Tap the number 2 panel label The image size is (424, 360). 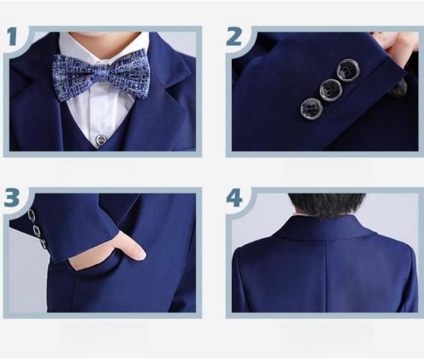point(233,36)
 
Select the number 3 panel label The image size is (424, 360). point(12,197)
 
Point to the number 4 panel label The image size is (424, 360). point(234,198)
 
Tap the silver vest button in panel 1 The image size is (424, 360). point(101,140)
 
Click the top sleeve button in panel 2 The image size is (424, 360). point(348,70)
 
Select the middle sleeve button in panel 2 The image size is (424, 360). point(331,90)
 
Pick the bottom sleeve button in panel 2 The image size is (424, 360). point(312,109)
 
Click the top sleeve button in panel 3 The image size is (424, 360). point(31,216)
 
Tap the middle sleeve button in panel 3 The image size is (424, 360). point(37,231)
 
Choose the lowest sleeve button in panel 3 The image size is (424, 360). point(43,244)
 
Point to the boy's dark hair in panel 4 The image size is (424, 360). point(326,204)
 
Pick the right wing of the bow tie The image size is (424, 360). point(129,71)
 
